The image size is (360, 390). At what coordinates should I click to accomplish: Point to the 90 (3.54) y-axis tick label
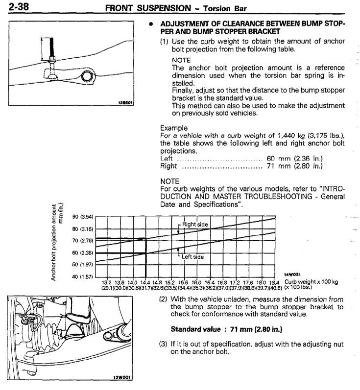point(82,217)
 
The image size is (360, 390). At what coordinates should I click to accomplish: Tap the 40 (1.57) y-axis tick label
point(82,277)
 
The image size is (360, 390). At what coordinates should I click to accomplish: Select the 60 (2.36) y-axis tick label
point(82,253)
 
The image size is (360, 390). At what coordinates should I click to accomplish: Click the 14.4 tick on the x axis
point(145,282)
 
